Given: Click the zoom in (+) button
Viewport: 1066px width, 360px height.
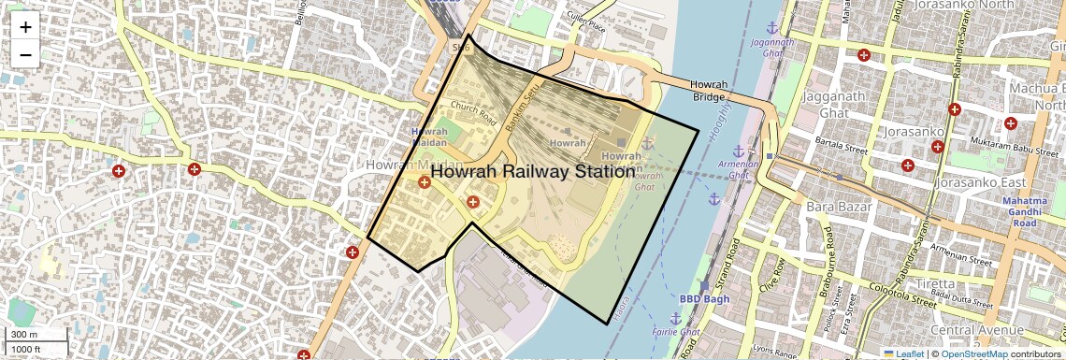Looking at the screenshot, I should pyautogui.click(x=25, y=26).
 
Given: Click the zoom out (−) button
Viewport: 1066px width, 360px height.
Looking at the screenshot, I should pyautogui.click(x=25, y=54).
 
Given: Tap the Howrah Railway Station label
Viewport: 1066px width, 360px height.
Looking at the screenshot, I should pyautogui.click(x=533, y=172).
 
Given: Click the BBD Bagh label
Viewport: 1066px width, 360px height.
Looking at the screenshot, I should pyautogui.click(x=702, y=299).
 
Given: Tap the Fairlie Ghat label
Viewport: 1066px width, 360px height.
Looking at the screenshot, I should pyautogui.click(x=676, y=332).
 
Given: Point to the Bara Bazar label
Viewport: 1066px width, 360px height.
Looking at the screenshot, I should pyautogui.click(x=832, y=202).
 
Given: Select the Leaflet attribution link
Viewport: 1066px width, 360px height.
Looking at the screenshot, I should pyautogui.click(x=902, y=353).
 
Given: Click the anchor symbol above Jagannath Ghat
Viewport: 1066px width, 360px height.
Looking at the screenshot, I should pyautogui.click(x=772, y=27).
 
